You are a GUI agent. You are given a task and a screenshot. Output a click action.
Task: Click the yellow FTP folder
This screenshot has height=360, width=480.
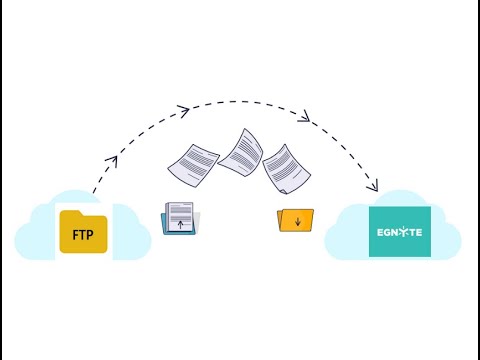coord(83,232)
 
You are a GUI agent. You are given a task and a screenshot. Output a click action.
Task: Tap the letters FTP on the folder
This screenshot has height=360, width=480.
coord(83,237)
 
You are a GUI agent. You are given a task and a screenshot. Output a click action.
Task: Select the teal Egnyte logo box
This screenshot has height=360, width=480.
coord(400,230)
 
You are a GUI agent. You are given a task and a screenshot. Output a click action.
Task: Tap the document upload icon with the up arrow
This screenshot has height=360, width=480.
coord(180,219)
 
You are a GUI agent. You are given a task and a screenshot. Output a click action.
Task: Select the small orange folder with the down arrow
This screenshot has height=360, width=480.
coord(295,220)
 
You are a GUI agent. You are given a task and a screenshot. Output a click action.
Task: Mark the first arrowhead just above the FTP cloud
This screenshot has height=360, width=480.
coord(112,160)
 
